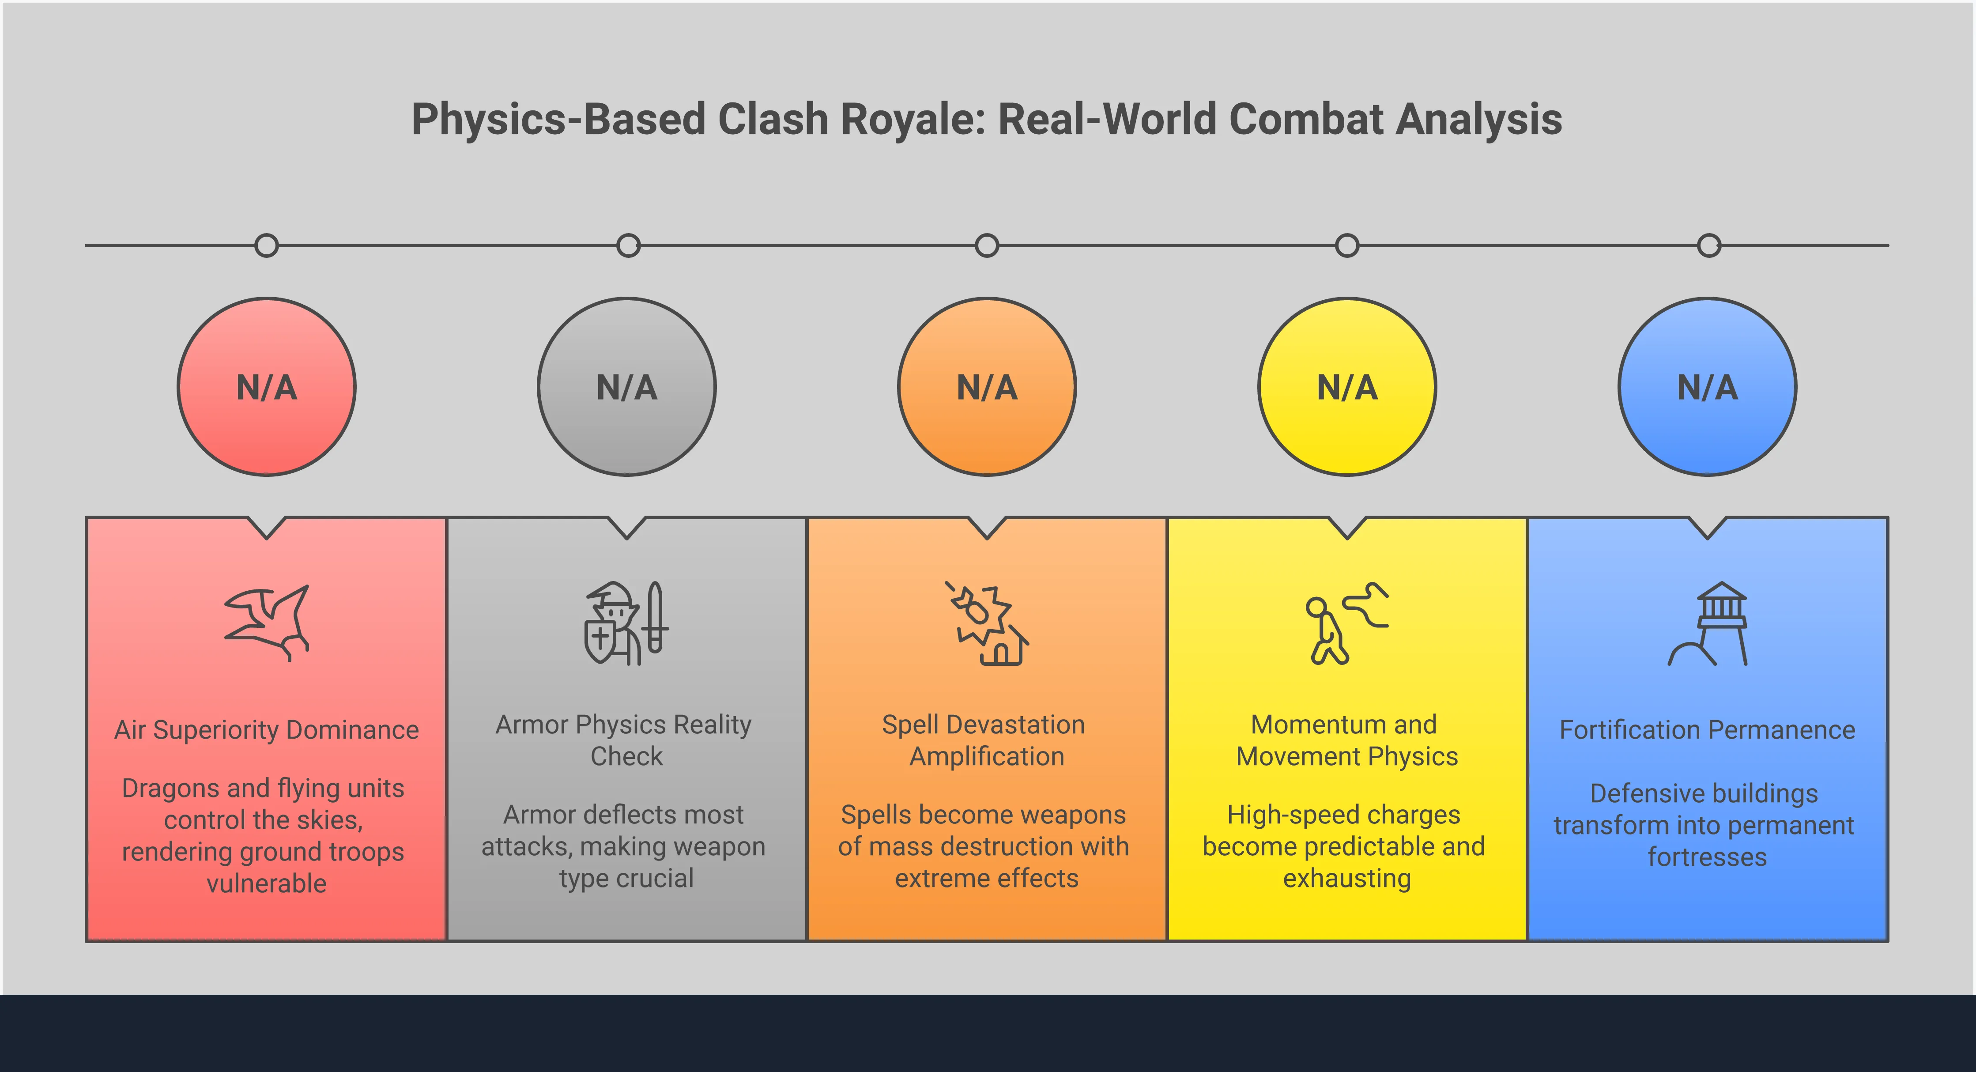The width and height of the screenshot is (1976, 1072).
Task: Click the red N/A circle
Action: point(266,387)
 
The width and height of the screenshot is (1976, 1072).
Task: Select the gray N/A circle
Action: point(627,387)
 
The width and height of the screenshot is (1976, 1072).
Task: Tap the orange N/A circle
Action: point(987,387)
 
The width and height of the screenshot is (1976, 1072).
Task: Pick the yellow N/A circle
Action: point(1347,387)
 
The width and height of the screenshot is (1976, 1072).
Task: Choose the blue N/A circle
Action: point(1708,387)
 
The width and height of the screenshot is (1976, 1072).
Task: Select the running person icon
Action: point(1347,623)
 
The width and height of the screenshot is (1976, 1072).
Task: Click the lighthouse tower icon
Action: point(1708,623)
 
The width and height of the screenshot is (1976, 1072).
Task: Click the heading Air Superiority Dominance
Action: point(266,730)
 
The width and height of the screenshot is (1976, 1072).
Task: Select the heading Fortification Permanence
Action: point(1708,730)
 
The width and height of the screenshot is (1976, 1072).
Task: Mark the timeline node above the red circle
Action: point(266,245)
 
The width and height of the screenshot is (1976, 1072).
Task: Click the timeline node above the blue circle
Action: point(1709,245)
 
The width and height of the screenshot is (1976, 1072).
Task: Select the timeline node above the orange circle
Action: point(987,245)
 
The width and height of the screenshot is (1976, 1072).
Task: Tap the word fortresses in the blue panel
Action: point(1708,857)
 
